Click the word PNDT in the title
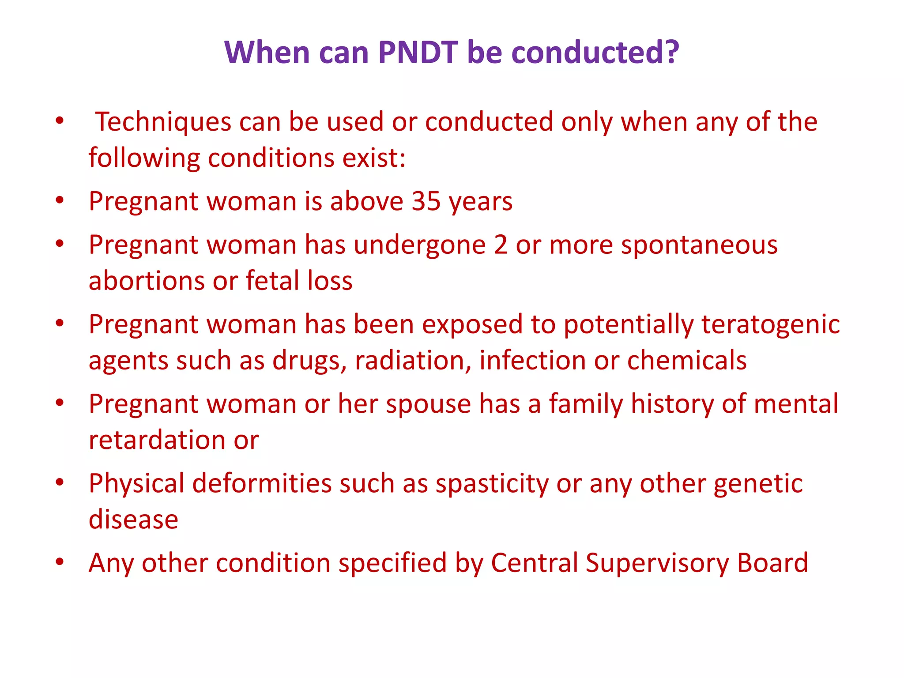[x=418, y=53]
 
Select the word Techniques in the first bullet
[x=163, y=122]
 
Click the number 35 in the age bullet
[x=426, y=202]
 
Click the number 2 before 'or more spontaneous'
[x=501, y=245]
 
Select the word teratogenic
[x=770, y=325]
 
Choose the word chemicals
[x=687, y=361]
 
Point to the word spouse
[x=428, y=405]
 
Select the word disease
[x=133, y=520]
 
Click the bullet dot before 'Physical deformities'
[x=60, y=482]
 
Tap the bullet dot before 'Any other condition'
[x=60, y=562]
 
